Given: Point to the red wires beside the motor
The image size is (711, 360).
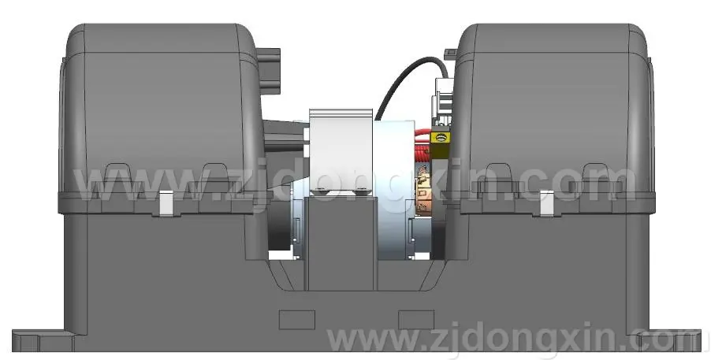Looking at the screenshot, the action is (x=422, y=145).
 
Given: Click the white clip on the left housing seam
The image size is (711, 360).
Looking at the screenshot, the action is (x=166, y=202).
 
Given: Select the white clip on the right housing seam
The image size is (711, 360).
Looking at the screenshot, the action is (x=546, y=202).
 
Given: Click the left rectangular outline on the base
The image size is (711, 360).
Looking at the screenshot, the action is (x=297, y=320).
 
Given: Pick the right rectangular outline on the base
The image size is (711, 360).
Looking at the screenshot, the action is (x=416, y=320).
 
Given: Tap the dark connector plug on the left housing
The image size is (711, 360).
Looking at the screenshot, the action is (x=269, y=71).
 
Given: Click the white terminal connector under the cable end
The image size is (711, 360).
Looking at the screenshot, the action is (x=444, y=102).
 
